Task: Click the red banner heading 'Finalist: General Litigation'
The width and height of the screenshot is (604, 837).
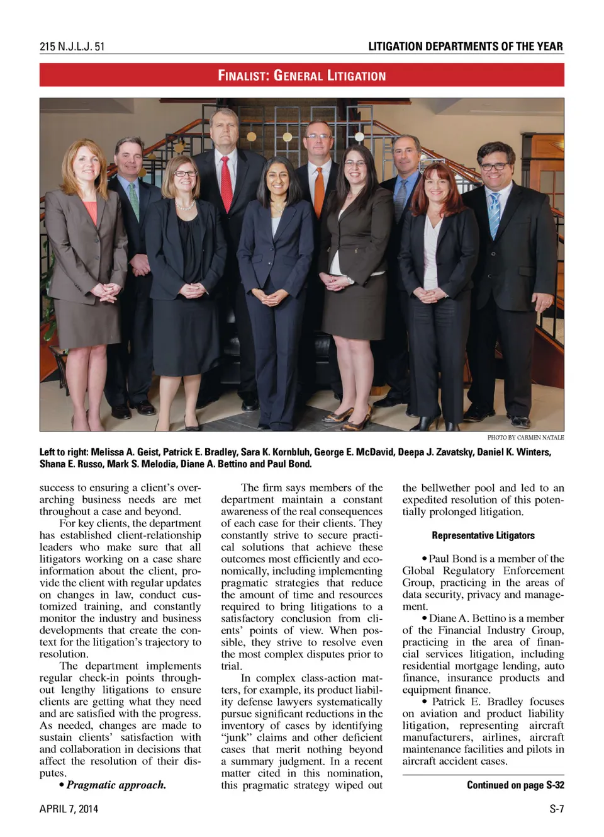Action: click(x=301, y=76)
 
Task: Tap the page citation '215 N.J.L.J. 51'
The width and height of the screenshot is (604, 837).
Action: click(x=72, y=47)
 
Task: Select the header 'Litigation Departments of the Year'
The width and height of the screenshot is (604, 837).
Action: click(x=465, y=47)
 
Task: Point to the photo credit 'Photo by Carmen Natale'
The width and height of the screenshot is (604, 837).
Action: click(x=525, y=437)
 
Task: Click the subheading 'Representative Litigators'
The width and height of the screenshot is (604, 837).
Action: click(x=483, y=535)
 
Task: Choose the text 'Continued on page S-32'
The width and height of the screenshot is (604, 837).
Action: click(x=515, y=785)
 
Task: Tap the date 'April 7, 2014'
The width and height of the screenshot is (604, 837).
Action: click(x=69, y=809)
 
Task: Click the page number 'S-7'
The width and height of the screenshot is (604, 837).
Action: click(x=556, y=809)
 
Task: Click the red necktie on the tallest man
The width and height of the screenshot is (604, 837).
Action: click(x=226, y=183)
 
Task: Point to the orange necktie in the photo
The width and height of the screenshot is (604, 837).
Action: click(x=319, y=189)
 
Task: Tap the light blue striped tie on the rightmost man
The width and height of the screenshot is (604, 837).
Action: click(x=495, y=214)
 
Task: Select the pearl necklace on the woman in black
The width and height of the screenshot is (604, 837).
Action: click(x=184, y=205)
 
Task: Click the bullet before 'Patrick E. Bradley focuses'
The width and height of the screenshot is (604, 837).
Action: click(x=425, y=702)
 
